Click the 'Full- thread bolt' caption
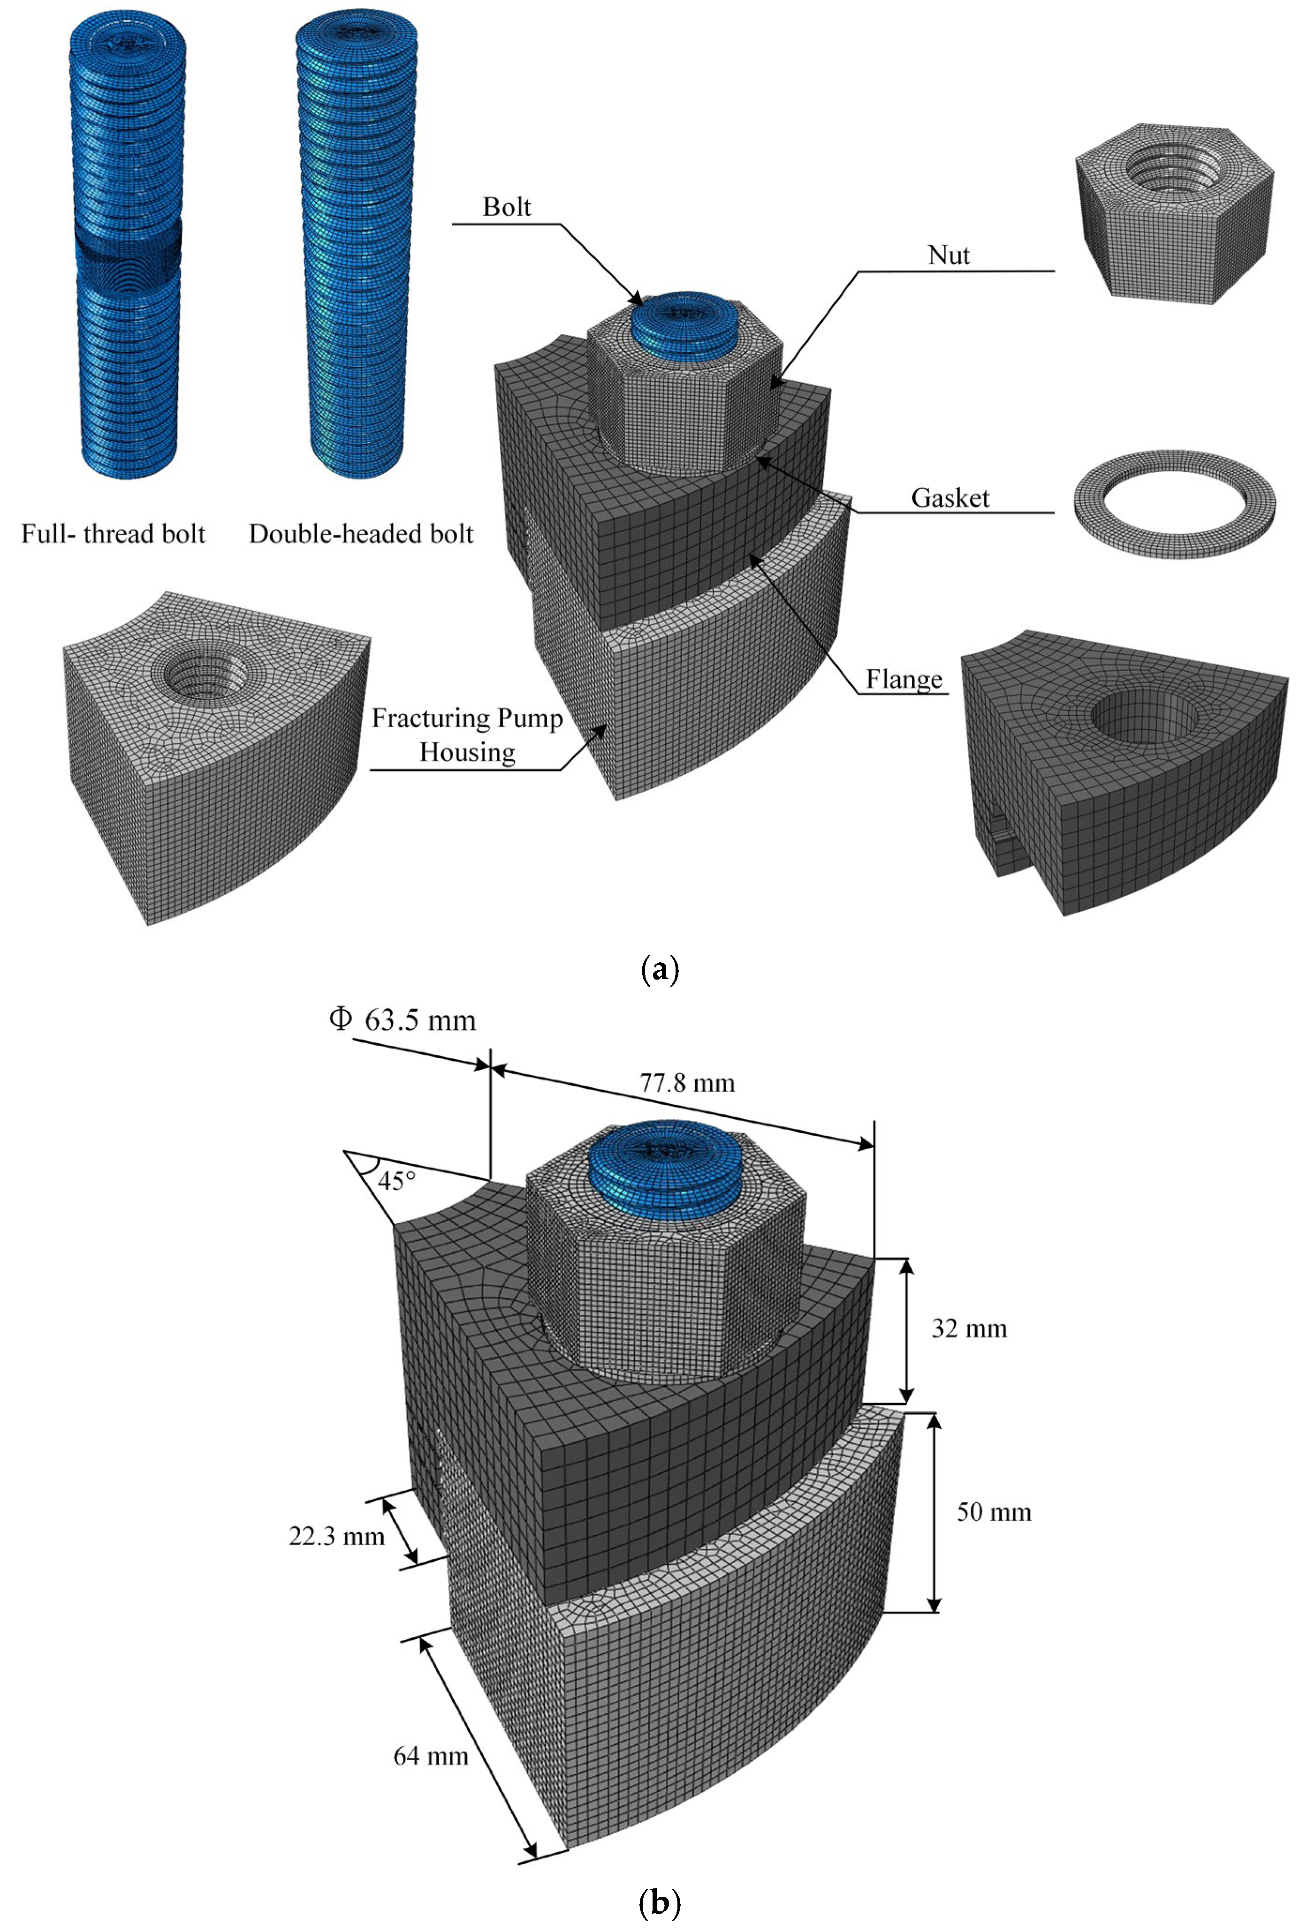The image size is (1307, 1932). pyautogui.click(x=113, y=534)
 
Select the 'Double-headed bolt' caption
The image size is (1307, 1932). pyautogui.click(x=361, y=534)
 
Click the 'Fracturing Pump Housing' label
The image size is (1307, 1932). pyautogui.click(x=467, y=735)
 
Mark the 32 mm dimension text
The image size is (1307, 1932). pyautogui.click(x=969, y=1328)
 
